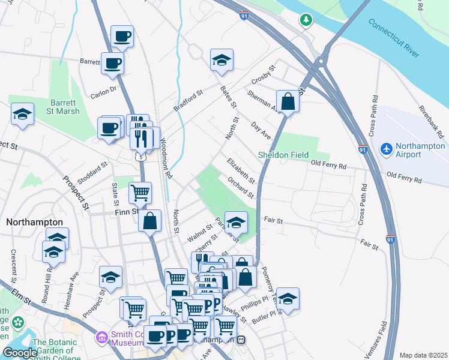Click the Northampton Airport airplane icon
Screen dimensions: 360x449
(x=387, y=148)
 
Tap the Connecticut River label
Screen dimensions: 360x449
(x=393, y=37)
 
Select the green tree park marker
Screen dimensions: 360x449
(x=307, y=20)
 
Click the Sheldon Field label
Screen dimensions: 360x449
(x=283, y=155)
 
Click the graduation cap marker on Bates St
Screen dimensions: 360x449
(x=221, y=60)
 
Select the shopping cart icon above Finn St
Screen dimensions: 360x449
(x=140, y=193)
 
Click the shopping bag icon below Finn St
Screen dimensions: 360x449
(x=149, y=220)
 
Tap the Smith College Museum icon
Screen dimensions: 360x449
(x=101, y=337)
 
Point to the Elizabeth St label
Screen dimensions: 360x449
(x=241, y=170)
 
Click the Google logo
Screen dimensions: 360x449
(x=20, y=353)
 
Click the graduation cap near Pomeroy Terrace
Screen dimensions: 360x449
(x=288, y=299)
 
